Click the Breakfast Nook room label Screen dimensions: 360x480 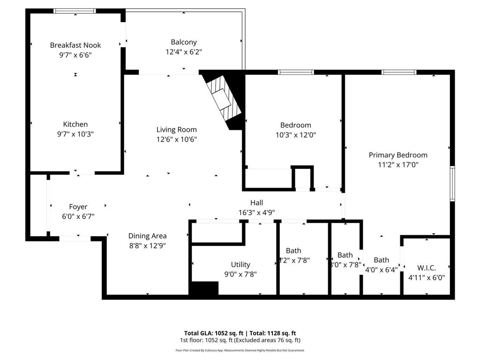pyautogui.click(x=75, y=45)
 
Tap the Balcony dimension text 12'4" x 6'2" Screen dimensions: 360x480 pyautogui.click(x=183, y=52)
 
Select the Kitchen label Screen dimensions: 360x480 pyautogui.click(x=75, y=124)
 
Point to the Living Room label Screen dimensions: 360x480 pyautogui.click(x=177, y=129)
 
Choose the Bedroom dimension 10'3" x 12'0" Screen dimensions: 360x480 pyautogui.click(x=295, y=135)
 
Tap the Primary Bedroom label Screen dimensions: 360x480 pyautogui.click(x=398, y=155)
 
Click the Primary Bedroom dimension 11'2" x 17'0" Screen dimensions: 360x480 pyautogui.click(x=398, y=165)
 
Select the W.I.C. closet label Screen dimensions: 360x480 pyautogui.click(x=427, y=268)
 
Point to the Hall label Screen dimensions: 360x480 pyautogui.click(x=256, y=202)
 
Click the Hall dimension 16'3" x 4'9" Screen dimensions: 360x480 pyautogui.click(x=256, y=212)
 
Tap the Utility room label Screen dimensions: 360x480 pyautogui.click(x=240, y=264)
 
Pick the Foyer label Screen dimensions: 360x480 pyautogui.click(x=78, y=207)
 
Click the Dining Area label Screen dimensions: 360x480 pyautogui.click(x=148, y=236)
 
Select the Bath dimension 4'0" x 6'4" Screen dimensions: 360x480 pyautogui.click(x=381, y=270)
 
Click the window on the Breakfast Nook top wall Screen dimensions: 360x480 pyautogui.click(x=75, y=11)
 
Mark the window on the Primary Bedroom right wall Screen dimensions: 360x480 pyautogui.click(x=452, y=183)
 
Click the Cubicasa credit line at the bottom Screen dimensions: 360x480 pyautogui.click(x=240, y=350)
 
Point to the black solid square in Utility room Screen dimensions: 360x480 pyautogui.click(x=204, y=288)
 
